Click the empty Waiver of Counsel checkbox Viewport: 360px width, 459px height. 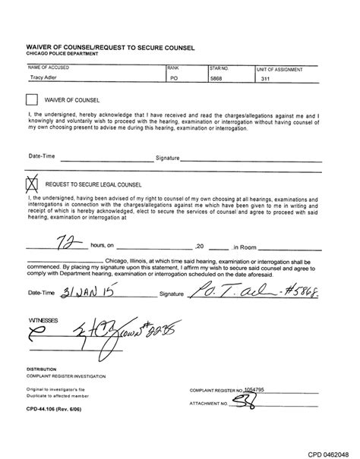coord(31,99)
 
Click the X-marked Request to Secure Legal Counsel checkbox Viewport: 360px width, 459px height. coord(32,182)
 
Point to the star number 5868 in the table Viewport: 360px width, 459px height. coord(217,77)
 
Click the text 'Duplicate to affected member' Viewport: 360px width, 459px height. coord(58,395)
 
